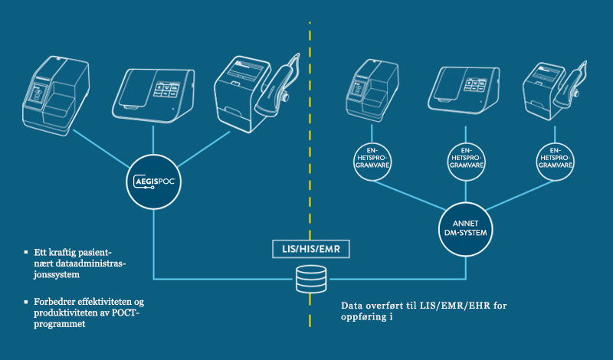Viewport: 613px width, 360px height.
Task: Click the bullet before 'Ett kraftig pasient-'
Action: click(28, 251)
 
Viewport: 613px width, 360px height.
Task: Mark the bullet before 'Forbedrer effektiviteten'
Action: click(28, 301)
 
